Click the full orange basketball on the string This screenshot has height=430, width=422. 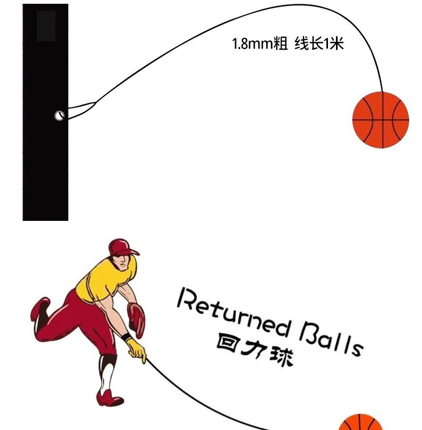pos(380,120)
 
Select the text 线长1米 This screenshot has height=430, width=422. pos(318,44)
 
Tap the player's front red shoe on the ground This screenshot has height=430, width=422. pos(112,397)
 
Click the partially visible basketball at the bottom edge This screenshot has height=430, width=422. pos(361,423)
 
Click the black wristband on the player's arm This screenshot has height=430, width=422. pos(126,338)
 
